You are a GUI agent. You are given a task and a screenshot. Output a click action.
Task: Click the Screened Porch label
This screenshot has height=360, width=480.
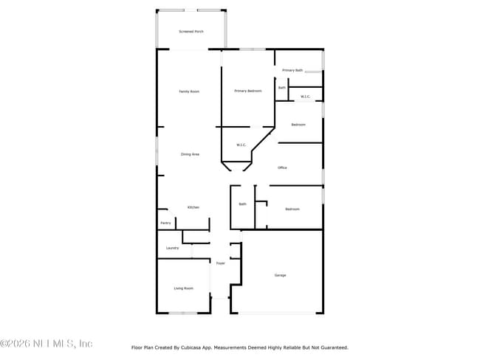[191, 32]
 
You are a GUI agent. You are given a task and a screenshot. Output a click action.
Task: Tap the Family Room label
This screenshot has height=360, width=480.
[190, 91]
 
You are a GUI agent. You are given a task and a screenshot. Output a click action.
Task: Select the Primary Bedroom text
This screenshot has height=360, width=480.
[248, 91]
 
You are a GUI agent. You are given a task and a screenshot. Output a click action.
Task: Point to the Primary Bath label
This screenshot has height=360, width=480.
[292, 70]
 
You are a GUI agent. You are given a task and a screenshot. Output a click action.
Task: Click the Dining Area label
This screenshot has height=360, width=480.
[190, 154]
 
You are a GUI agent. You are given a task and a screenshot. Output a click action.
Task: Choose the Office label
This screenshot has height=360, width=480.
[282, 168]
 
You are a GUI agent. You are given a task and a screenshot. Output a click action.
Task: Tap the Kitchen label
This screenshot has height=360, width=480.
[193, 207]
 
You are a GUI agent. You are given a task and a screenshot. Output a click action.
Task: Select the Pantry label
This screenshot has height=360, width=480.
[165, 223]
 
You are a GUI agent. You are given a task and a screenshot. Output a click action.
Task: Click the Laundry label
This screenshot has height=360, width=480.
[172, 248]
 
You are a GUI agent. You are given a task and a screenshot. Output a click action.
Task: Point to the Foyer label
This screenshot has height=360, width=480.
[220, 263]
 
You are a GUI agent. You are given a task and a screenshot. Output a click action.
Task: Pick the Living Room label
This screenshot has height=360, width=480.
[183, 288]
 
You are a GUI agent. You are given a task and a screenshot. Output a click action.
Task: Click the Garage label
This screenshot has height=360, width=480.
[281, 275]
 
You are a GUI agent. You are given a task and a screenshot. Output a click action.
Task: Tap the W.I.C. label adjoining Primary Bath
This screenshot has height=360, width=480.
[305, 97]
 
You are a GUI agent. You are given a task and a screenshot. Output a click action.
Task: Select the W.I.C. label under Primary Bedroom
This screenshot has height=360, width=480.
[241, 145]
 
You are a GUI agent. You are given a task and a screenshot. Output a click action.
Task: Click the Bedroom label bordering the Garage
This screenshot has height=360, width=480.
[292, 209]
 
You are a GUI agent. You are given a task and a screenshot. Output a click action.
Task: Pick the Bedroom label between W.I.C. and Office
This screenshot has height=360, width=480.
[298, 125]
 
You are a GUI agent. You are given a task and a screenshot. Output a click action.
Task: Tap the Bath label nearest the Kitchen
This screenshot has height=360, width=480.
[242, 204]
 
